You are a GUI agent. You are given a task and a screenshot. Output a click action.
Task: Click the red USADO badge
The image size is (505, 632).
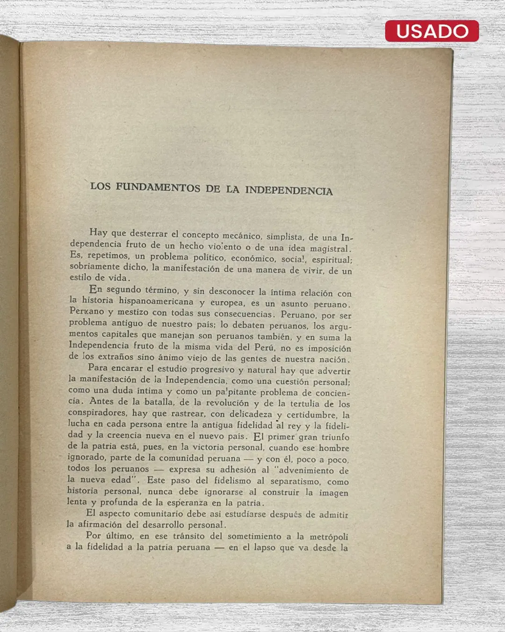432,31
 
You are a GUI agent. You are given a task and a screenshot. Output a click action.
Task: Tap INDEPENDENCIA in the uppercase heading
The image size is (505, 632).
289,191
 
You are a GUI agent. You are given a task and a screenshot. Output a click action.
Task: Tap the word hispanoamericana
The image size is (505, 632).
156,301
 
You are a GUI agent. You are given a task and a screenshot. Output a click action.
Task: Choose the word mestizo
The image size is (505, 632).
133,312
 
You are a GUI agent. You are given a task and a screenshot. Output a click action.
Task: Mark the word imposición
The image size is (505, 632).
329,349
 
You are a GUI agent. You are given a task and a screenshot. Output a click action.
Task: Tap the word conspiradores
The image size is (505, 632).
97,412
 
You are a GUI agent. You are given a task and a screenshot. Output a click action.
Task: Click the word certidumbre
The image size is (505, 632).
311,415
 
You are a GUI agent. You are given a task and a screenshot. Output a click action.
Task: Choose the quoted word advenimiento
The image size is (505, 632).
306,470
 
